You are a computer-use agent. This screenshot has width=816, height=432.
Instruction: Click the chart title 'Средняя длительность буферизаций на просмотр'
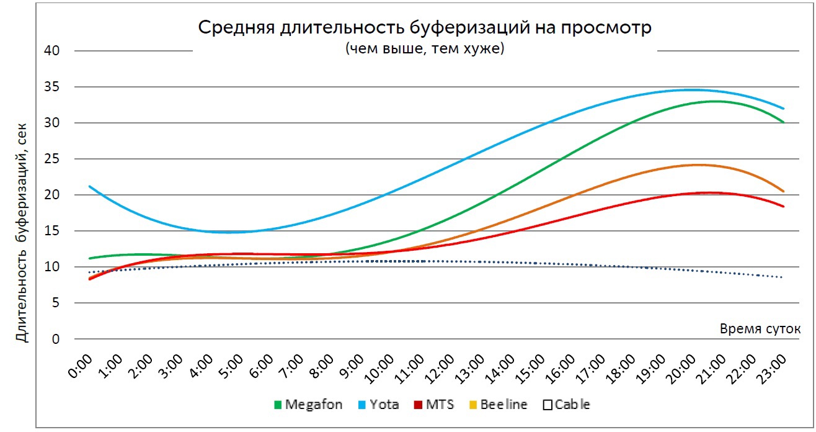pos(425,28)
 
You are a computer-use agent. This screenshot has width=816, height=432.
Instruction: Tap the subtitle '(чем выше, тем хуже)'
pos(425,48)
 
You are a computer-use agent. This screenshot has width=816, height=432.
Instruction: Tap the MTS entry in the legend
pos(435,405)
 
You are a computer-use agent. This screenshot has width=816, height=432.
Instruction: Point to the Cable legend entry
pos(567,405)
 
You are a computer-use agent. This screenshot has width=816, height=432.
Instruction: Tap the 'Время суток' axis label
pos(760,329)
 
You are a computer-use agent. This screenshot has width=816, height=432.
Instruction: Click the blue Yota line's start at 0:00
pos(90,186)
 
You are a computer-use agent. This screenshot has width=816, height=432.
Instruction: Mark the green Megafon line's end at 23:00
pos(783,122)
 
